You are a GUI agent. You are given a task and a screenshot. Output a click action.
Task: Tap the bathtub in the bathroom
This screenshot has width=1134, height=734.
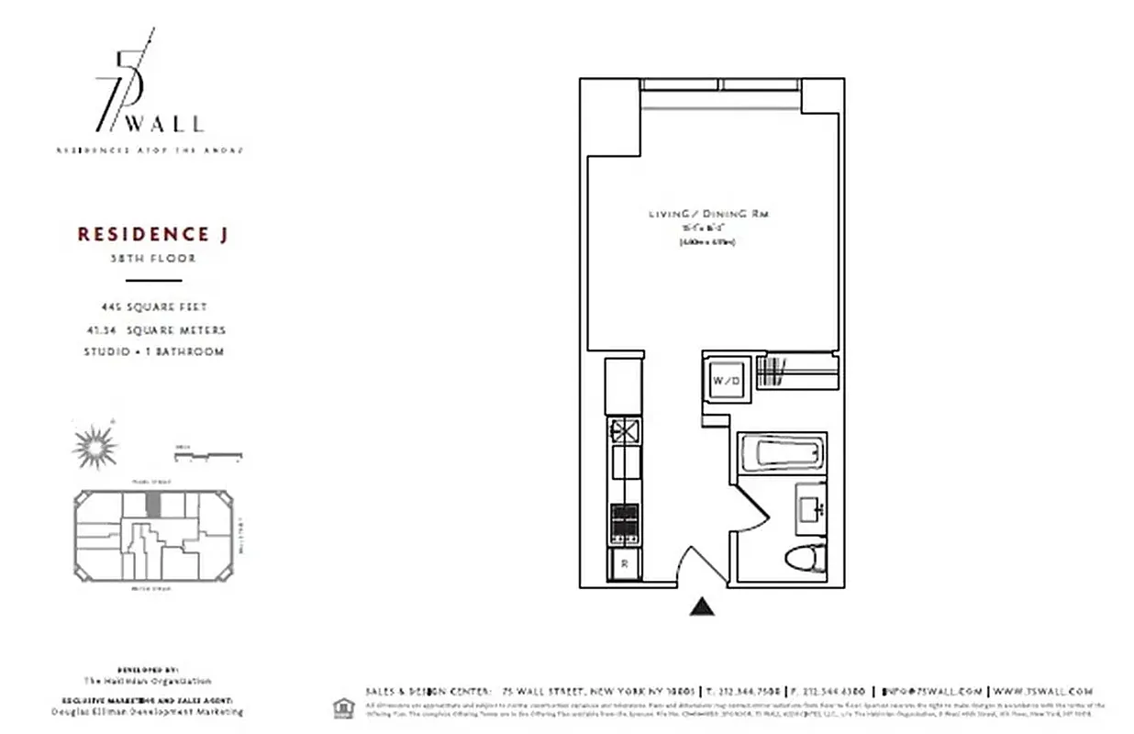tap(782, 452)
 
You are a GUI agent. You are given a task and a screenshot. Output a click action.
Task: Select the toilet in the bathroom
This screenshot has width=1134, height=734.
tap(807, 555)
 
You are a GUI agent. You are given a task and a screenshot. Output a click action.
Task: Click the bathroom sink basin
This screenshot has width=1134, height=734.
tap(812, 506)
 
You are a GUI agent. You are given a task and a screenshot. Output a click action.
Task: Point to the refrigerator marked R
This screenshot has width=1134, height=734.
tap(624, 564)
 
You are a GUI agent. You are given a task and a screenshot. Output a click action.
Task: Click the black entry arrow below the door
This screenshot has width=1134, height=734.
tap(702, 606)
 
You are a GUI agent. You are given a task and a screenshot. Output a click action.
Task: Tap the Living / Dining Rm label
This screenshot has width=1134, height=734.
tap(708, 214)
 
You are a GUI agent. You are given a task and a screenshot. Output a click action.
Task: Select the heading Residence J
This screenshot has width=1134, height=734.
tap(152, 235)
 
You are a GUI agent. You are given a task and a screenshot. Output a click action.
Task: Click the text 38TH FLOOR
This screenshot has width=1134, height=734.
tap(152, 259)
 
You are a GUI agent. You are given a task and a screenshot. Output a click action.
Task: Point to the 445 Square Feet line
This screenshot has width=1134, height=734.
tap(152, 307)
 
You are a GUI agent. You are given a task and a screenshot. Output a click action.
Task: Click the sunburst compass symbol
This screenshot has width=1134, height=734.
tap(93, 447)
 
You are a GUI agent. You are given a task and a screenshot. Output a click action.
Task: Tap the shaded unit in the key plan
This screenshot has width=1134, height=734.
tap(154, 504)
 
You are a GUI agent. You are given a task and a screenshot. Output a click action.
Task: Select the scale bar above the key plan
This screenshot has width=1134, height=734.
tap(208, 454)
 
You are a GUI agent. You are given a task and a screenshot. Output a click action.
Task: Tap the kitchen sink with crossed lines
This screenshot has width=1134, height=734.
tap(624, 428)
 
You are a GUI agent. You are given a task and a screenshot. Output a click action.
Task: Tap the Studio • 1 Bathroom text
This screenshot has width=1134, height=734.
tap(153, 351)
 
